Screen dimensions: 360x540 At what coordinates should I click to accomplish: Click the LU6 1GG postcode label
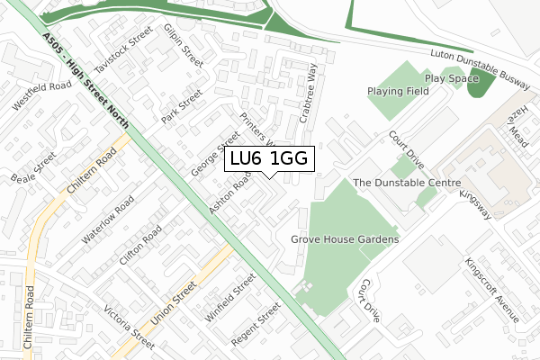click(269, 158)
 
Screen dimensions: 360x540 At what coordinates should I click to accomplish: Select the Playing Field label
click(399, 91)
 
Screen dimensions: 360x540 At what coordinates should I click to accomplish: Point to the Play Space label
click(452, 78)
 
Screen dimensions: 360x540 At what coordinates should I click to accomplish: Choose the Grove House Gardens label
click(345, 240)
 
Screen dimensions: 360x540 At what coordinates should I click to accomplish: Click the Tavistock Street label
click(124, 55)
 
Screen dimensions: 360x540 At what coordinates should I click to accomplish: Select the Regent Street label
click(257, 330)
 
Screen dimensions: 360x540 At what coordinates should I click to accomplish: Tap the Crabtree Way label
click(309, 93)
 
